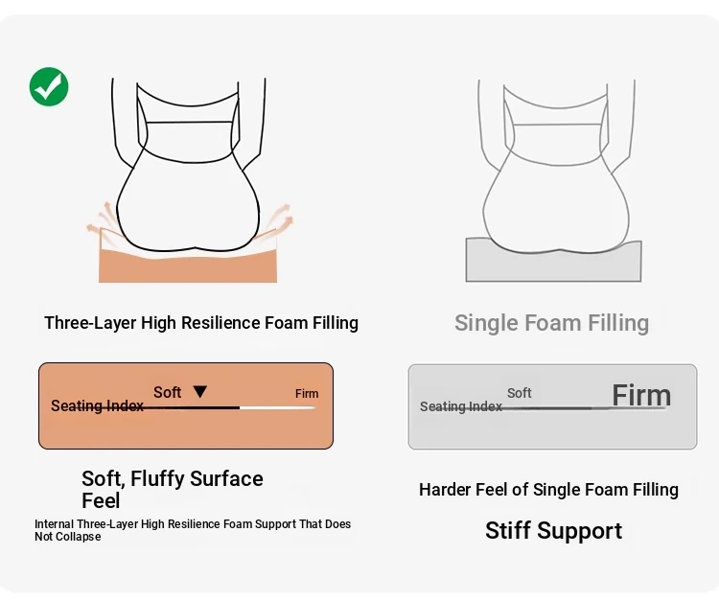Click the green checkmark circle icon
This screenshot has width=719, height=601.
point(49,86)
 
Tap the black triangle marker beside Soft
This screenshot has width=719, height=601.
point(200,391)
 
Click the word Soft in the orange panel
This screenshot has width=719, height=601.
point(167,392)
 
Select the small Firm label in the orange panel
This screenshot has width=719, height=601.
point(307,393)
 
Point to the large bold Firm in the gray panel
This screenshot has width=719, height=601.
point(641,395)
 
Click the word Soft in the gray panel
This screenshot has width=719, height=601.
point(519,393)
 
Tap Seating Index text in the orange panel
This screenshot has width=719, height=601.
point(97,405)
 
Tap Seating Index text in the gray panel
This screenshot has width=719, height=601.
point(461,406)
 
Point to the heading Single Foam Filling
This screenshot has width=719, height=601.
point(551,323)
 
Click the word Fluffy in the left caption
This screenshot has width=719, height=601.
point(158,478)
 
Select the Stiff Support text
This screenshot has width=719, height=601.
point(553,531)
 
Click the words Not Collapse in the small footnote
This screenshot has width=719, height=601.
point(68,537)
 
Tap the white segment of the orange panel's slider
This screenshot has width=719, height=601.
point(278,407)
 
